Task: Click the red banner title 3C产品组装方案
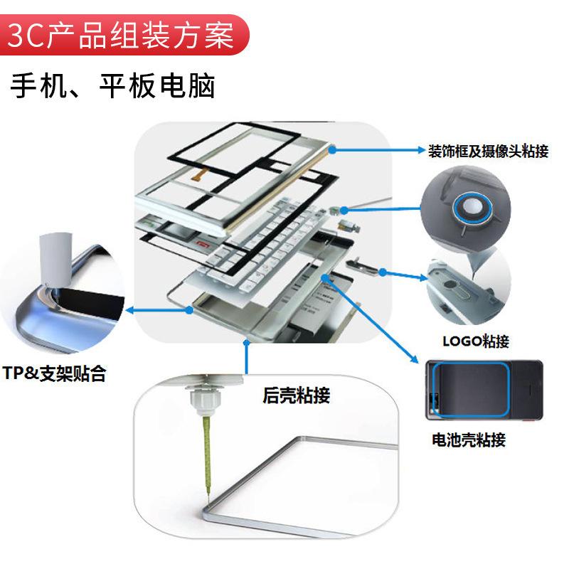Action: pos(120,36)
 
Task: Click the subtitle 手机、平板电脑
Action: pos(113,86)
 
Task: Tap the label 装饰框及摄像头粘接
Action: pos(488,151)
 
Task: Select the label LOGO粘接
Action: pos(476,341)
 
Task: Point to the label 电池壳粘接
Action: pos(469,440)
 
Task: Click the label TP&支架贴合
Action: pos(54,373)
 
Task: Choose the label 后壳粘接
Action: pos(296,395)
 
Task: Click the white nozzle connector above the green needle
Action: pos(204,400)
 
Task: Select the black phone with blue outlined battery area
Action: pos(484,390)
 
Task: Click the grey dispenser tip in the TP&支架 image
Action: pos(55,260)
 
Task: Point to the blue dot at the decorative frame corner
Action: pos(332,149)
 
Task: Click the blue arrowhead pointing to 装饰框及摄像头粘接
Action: pos(421,149)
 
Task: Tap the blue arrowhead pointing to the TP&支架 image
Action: pos(129,310)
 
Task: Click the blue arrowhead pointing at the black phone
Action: pos(415,359)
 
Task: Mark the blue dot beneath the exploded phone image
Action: pos(246,342)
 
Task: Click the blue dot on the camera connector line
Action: pos(344,210)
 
